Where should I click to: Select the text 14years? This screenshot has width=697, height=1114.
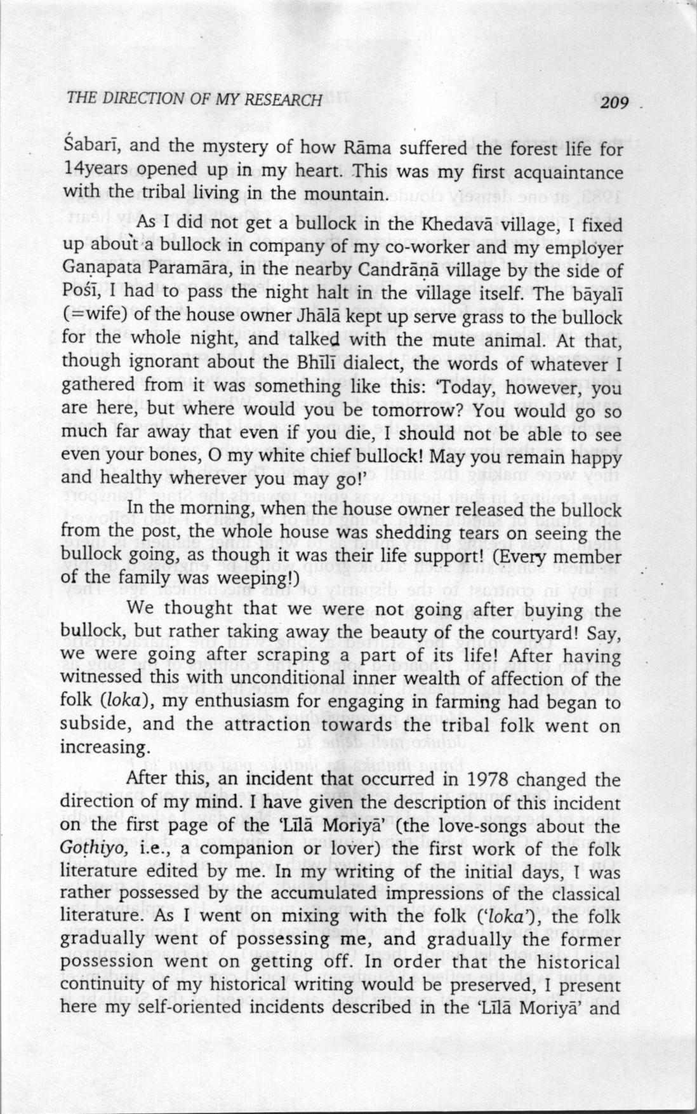(95, 173)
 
